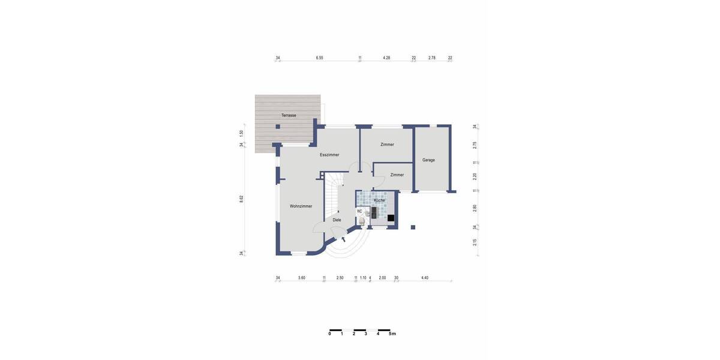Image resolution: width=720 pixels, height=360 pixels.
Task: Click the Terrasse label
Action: pos(289,115)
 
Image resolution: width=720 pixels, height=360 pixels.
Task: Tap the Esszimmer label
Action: pos(329,155)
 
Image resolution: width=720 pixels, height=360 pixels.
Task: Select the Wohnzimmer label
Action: pos(301,206)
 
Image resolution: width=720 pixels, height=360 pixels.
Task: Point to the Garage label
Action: pos(428,160)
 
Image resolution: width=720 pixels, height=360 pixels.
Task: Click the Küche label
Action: pos(379,200)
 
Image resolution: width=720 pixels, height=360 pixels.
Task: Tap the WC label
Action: pos(359,211)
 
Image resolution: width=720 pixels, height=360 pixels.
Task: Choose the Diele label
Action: pos(337,220)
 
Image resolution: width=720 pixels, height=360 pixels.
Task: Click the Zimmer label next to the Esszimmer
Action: pos(387,145)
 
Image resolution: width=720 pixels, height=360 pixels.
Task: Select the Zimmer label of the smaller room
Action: pos(397,175)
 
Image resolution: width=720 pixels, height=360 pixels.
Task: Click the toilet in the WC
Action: pos(362,221)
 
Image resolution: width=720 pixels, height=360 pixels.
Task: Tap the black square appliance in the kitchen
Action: pos(391,218)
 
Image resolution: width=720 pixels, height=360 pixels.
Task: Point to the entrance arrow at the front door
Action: pos(343,239)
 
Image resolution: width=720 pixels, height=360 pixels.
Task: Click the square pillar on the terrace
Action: pos(278,127)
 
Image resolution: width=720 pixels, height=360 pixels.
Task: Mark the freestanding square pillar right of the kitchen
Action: pos(413,227)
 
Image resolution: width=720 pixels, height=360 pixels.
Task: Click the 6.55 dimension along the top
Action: pos(319,58)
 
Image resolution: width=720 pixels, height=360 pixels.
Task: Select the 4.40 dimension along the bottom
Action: pos(425,278)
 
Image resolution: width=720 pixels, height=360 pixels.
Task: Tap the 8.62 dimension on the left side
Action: pos(241,199)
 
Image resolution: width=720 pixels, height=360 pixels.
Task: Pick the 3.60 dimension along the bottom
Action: pos(301,278)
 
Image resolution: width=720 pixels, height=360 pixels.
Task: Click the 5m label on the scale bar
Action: pos(392,334)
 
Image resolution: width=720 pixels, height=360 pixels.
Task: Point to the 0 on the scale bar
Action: pos(329,334)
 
